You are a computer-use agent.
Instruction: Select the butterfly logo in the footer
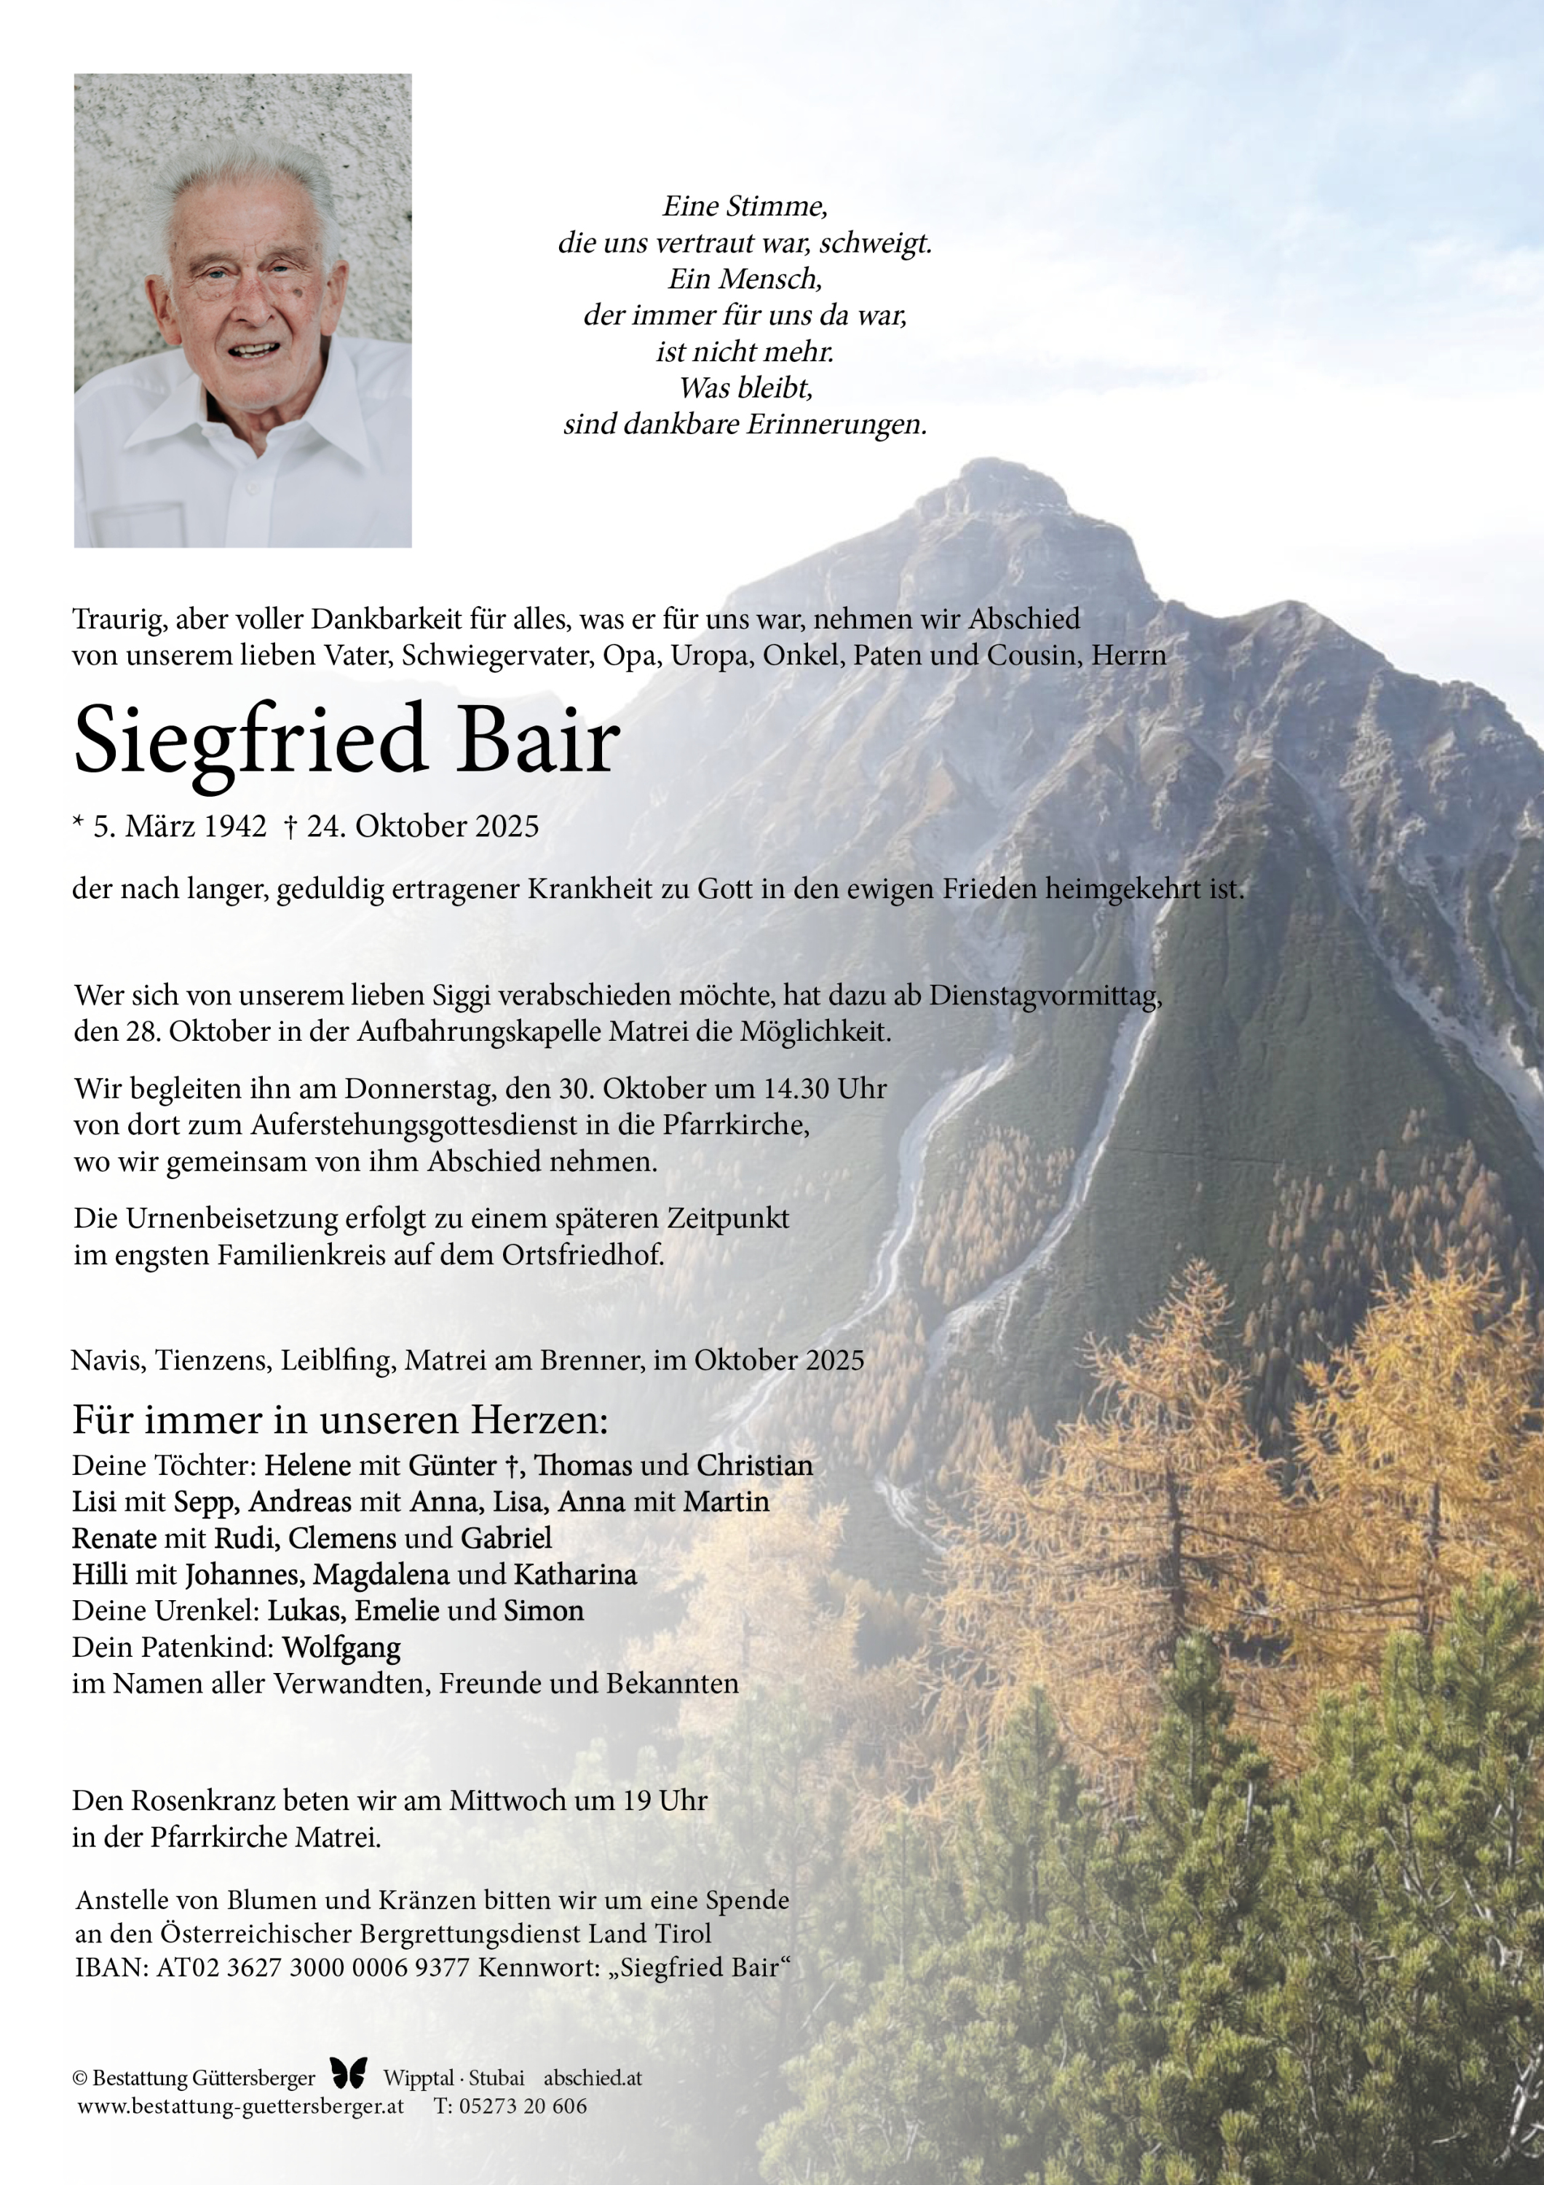click(348, 2073)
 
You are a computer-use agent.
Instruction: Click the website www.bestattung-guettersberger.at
click(241, 2106)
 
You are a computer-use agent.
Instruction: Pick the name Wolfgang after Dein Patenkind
click(341, 1646)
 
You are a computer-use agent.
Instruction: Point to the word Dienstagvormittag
click(1045, 996)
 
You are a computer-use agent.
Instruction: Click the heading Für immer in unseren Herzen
click(341, 1420)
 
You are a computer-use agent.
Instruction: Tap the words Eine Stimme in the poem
click(744, 205)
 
